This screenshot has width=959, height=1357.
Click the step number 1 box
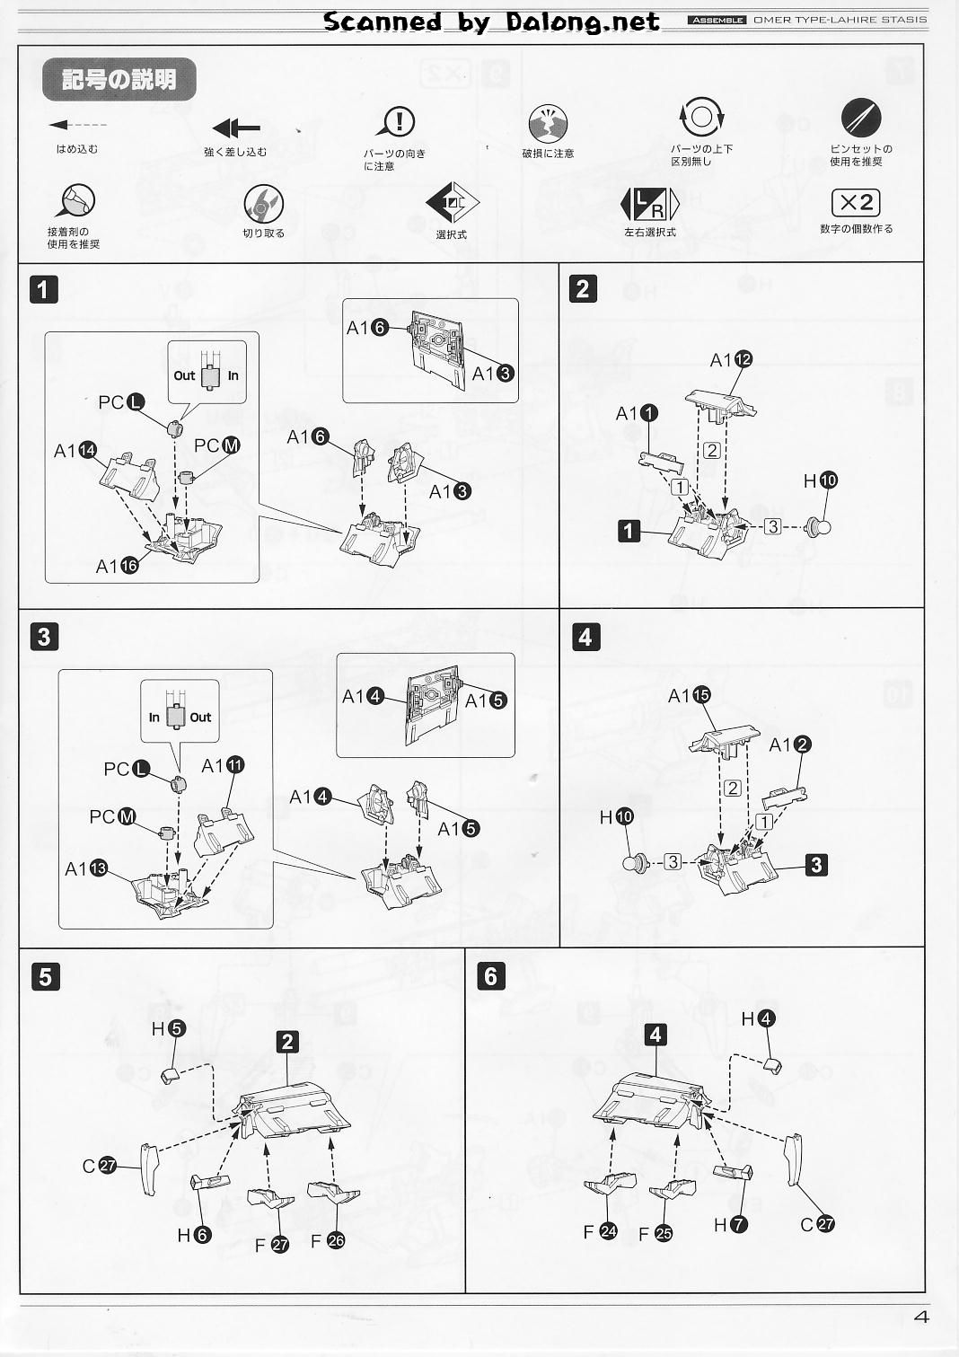[x=44, y=289]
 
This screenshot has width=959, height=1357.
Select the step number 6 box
[x=490, y=976]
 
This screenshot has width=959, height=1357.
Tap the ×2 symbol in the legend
[x=856, y=203]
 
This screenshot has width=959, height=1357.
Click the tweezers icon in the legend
[x=860, y=118]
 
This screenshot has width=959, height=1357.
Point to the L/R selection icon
[x=649, y=205]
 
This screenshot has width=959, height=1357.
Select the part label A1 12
[x=731, y=360]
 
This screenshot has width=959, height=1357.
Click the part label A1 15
[x=689, y=695]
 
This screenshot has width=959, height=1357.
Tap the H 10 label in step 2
[x=821, y=481]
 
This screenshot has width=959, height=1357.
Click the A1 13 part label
[x=86, y=868]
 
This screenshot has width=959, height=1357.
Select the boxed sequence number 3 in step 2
[x=772, y=526]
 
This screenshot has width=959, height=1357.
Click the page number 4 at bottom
[x=920, y=1317]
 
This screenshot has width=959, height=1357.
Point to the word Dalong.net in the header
[x=582, y=22]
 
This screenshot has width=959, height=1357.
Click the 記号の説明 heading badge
[x=119, y=79]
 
